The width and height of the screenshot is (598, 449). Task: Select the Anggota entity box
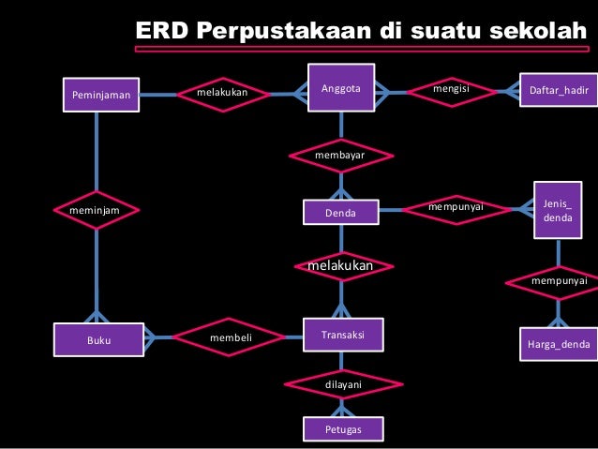coord(340,89)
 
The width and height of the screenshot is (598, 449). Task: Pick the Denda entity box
coord(340,214)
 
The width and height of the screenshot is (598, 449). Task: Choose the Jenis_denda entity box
coord(558,210)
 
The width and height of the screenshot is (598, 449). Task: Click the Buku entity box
coord(98,341)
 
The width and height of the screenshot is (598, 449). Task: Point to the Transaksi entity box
coord(341,335)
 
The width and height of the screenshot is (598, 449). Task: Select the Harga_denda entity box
coord(559,344)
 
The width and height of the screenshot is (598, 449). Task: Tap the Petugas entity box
coord(341,429)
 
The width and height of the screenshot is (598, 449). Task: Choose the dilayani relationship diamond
coord(342,383)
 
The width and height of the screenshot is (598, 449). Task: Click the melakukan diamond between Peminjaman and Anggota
coord(222,93)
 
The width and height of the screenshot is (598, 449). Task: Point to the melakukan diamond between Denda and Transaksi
coord(340,267)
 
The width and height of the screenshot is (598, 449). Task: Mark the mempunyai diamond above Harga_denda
coord(559,280)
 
